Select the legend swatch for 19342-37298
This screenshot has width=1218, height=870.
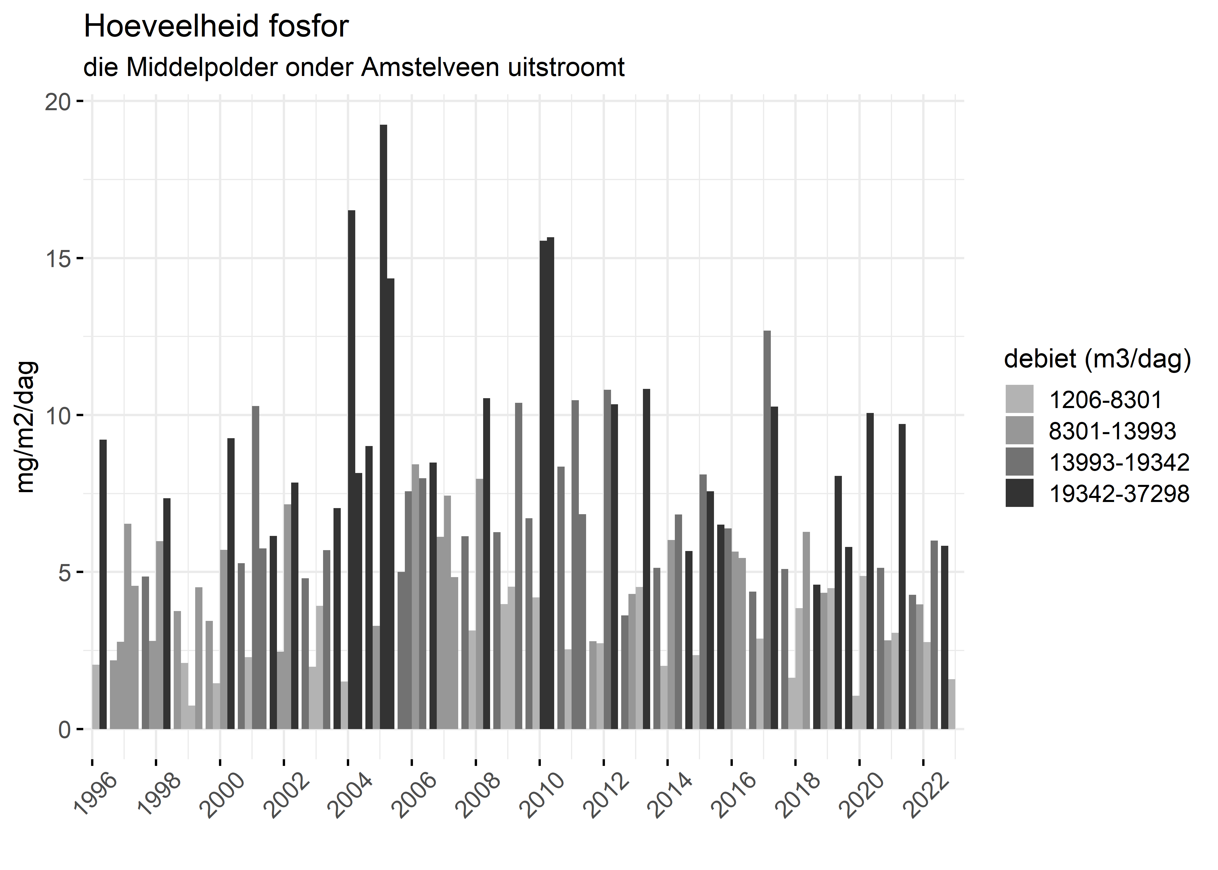tap(1019, 493)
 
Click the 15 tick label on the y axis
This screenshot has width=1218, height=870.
tap(58, 258)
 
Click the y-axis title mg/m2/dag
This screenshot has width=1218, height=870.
tap(26, 427)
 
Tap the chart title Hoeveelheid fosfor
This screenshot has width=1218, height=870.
tap(216, 27)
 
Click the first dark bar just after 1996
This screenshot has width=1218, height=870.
tap(103, 584)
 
